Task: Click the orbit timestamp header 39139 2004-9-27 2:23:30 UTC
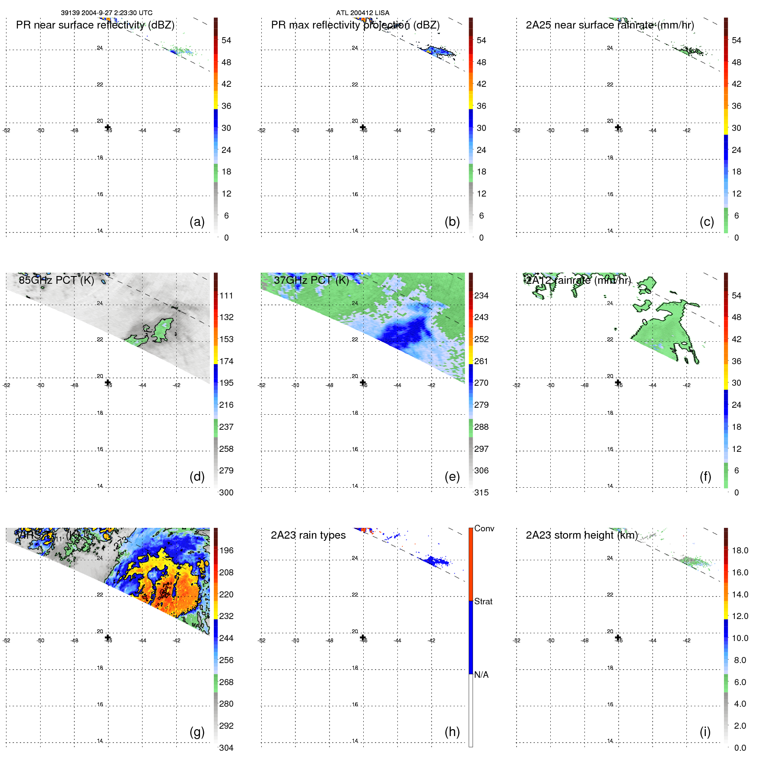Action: tap(106, 13)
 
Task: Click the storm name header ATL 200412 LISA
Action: tap(362, 13)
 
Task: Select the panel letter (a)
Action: tap(197, 222)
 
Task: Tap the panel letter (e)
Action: tap(452, 476)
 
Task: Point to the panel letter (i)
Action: tap(705, 732)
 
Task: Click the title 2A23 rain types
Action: tap(308, 535)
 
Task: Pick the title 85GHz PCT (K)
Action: tap(56, 280)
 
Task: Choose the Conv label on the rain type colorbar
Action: tap(484, 528)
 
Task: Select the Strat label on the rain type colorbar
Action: tap(483, 601)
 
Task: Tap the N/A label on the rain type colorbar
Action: tap(481, 675)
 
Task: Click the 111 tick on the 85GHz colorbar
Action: tap(226, 295)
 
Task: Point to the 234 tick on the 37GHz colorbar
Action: tap(481, 295)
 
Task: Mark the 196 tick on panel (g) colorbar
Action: tap(226, 550)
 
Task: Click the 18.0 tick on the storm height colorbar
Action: tap(740, 550)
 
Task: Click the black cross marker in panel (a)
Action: tap(108, 127)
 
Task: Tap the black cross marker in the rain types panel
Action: tap(363, 637)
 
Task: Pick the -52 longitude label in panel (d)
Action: tap(6, 385)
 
